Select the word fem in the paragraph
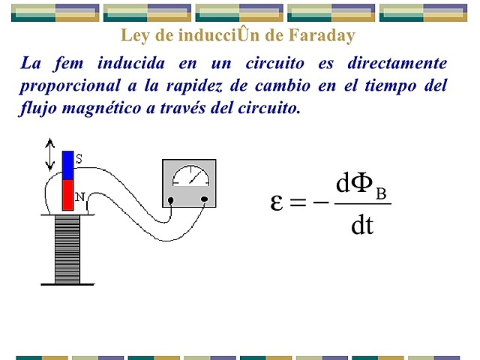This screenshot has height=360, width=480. pos(78,63)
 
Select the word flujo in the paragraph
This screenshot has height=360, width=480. pos(37,108)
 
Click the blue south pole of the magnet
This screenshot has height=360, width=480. pos(67,165)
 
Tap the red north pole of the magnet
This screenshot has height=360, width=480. pos(67,194)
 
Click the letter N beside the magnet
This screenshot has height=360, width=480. pos(79,197)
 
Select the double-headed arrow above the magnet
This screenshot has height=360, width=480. pos(50,154)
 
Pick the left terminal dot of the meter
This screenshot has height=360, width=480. pos(171,200)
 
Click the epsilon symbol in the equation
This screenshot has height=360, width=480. pos(277,202)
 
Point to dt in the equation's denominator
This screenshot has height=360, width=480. pos(361,225)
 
